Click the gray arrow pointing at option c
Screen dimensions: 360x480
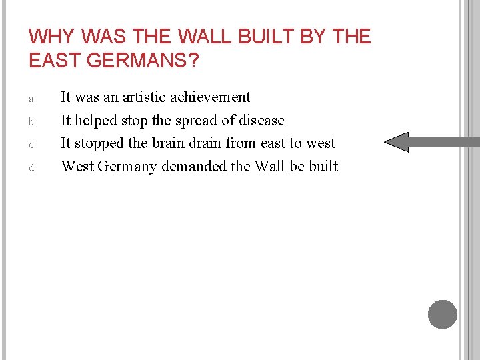(432, 142)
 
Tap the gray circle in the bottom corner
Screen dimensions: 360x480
(443, 314)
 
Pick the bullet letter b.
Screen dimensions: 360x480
(31, 122)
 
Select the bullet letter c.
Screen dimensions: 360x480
(31, 145)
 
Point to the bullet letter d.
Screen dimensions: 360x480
(31, 168)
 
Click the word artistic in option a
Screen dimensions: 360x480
(144, 97)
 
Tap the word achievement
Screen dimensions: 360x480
(210, 97)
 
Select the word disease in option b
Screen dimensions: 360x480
(261, 121)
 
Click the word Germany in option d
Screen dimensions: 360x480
(127, 167)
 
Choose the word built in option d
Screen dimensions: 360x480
(323, 167)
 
